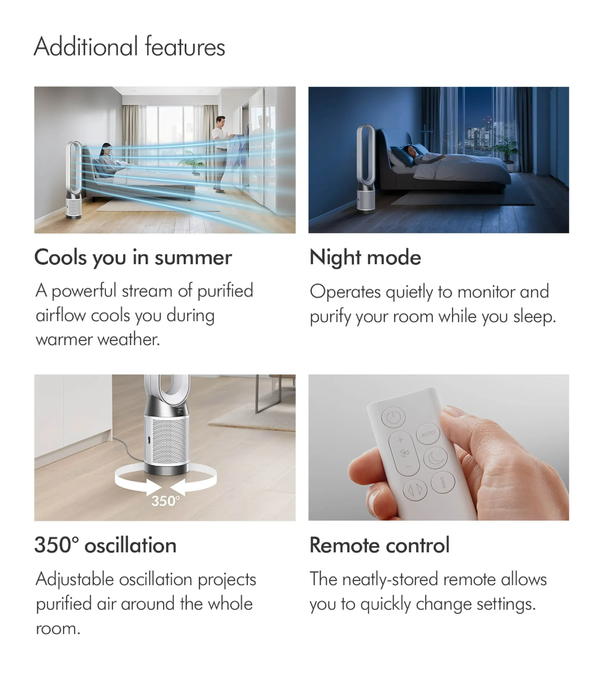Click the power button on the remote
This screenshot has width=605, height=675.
[393, 417]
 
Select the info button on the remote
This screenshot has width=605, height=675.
[443, 482]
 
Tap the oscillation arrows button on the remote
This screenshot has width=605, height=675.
[415, 490]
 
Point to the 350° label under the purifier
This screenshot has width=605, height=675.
[165, 501]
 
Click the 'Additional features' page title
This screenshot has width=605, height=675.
[130, 47]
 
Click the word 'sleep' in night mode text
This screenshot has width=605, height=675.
[534, 317]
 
